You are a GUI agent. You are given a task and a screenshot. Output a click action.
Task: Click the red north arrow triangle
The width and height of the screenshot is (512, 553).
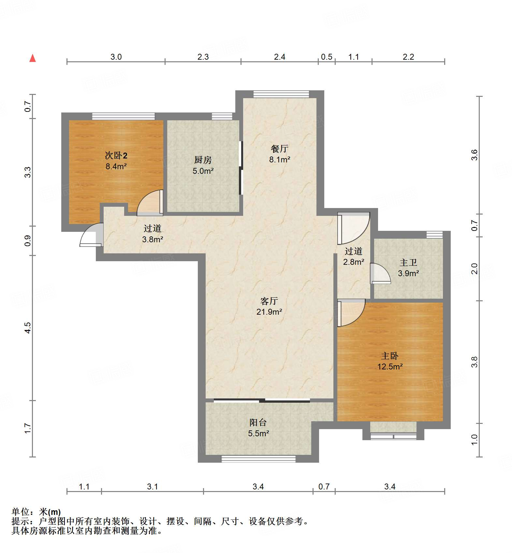[33, 58]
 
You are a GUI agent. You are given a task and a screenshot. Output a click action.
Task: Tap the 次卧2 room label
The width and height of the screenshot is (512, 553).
[116, 156]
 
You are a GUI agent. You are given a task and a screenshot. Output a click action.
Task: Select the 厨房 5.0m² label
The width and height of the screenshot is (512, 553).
[203, 165]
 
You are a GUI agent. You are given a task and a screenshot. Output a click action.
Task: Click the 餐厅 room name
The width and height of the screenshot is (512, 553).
[279, 149]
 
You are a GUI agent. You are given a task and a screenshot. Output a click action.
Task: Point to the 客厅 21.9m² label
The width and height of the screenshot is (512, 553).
[269, 306]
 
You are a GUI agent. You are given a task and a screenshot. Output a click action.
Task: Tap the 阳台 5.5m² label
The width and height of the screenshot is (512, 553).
[258, 427]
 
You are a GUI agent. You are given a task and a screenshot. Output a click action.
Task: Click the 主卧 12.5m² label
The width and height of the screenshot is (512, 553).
[390, 361]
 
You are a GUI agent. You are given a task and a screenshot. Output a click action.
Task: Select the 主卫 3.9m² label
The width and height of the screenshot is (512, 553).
[408, 268]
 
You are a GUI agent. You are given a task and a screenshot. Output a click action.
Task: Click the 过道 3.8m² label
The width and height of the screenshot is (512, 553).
[153, 233]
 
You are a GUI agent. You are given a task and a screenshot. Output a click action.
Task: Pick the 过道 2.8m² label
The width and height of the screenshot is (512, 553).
[353, 256]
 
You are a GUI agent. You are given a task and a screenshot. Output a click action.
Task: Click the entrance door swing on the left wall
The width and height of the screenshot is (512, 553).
[90, 235]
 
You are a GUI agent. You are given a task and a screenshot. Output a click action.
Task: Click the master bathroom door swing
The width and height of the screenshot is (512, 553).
[380, 273]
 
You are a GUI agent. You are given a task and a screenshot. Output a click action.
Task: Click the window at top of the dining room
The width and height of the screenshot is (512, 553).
[281, 94]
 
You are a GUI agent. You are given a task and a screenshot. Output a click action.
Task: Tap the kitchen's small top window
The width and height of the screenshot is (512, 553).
[222, 116]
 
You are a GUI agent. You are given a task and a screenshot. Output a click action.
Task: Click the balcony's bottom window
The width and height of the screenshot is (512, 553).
[258, 459]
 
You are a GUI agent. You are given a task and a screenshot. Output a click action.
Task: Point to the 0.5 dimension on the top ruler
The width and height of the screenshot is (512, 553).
[327, 57]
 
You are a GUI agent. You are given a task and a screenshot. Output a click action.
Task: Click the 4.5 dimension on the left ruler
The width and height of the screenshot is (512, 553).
[28, 327]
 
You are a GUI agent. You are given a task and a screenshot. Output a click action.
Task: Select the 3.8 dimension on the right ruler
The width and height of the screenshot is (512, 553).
[474, 362]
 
